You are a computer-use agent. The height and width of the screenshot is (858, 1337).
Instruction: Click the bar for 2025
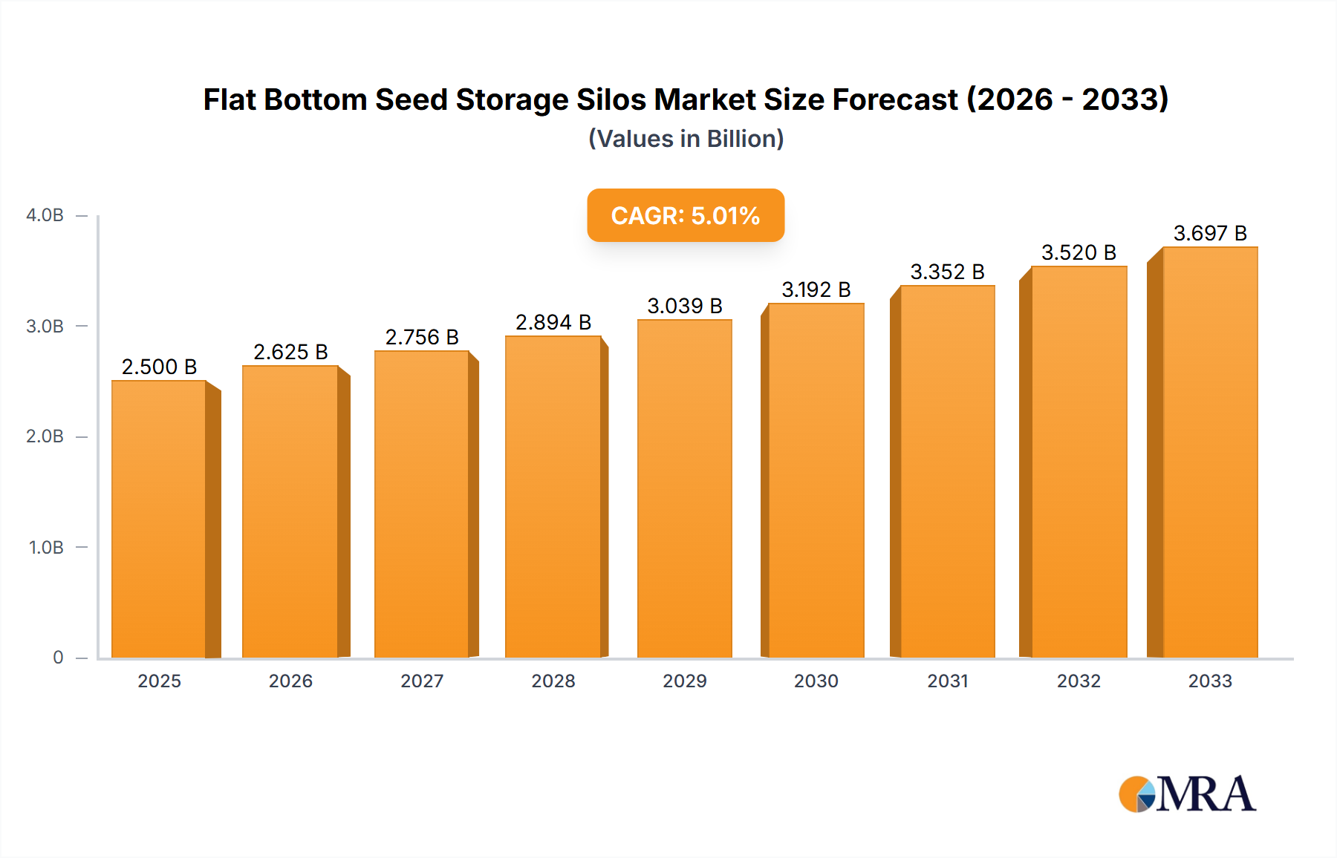point(159,520)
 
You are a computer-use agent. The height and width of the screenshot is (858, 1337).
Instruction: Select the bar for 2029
point(684,490)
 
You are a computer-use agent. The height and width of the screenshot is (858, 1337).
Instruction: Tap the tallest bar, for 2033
point(1209,453)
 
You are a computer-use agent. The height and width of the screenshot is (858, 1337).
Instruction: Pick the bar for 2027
point(421,505)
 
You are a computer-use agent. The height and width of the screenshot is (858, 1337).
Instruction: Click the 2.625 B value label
point(290,352)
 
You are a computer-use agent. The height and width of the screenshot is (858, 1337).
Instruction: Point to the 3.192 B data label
point(816,289)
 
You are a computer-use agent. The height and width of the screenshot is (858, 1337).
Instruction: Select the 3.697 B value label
point(1209,233)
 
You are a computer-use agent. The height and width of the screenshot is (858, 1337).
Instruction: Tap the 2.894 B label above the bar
point(553,322)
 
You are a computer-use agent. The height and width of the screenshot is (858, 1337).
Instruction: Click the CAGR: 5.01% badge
point(685,215)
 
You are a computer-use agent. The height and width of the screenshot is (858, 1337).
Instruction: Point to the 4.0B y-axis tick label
point(45,215)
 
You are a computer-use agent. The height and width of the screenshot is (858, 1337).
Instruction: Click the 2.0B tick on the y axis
point(45,436)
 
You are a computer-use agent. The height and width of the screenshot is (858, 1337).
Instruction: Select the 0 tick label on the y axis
point(58,658)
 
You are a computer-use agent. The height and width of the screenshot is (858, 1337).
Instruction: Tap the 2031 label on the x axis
point(947,681)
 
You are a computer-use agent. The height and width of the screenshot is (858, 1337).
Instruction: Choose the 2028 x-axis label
point(553,681)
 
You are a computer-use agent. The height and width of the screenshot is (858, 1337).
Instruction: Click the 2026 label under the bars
point(290,681)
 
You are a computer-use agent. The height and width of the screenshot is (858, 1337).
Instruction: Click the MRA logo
point(1187,794)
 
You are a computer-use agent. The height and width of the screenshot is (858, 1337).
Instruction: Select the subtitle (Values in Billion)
point(686,139)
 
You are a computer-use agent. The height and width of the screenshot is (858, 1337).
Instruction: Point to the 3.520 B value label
point(1079,252)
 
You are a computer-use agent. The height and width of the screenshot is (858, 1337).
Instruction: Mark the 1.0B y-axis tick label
point(46,547)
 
